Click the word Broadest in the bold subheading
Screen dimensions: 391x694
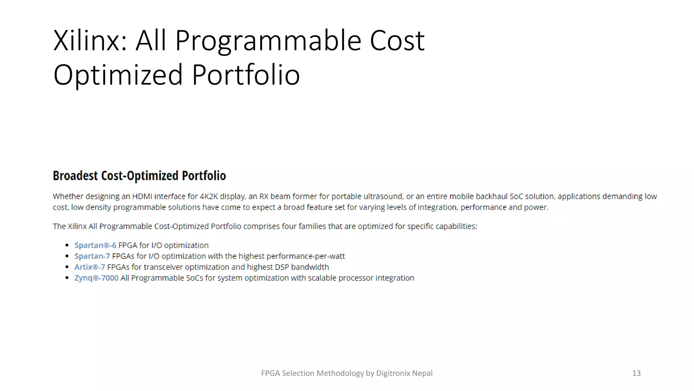[75, 176]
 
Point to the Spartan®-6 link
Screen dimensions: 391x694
[95, 245]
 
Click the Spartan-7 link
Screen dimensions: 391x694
[92, 256]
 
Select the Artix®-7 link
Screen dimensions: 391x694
[89, 267]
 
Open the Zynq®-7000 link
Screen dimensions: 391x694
[96, 278]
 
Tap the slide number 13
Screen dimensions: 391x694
[636, 373]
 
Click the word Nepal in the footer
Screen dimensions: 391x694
[422, 373]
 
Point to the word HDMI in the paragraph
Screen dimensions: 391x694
[142, 197]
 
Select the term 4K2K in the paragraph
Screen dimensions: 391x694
[209, 197]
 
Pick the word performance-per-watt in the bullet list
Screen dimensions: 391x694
[306, 256]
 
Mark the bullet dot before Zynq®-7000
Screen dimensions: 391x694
[67, 278]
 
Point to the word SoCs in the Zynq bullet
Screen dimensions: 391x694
[195, 278]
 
